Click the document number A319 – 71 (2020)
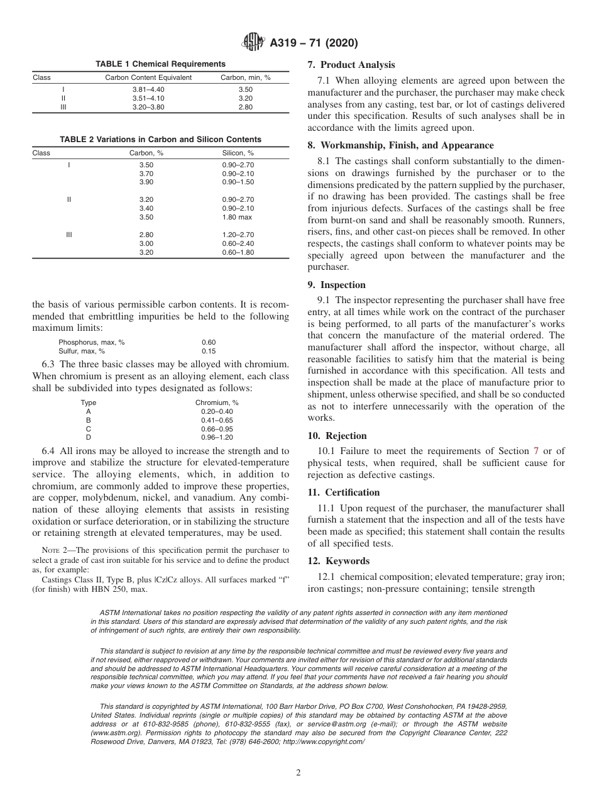(x=314, y=43)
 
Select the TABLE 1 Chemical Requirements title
(x=160, y=64)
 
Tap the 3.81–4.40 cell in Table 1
(x=148, y=90)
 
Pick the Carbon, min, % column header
(x=245, y=78)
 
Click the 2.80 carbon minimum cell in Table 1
(x=245, y=108)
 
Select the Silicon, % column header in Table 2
(x=238, y=153)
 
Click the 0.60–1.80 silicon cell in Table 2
(x=238, y=252)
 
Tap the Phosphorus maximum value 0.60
(x=209, y=342)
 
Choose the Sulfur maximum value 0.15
(x=209, y=351)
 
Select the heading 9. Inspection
(x=336, y=285)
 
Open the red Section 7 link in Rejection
(x=535, y=450)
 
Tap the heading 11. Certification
(x=343, y=492)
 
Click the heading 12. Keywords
(x=338, y=561)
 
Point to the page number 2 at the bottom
(x=298, y=773)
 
